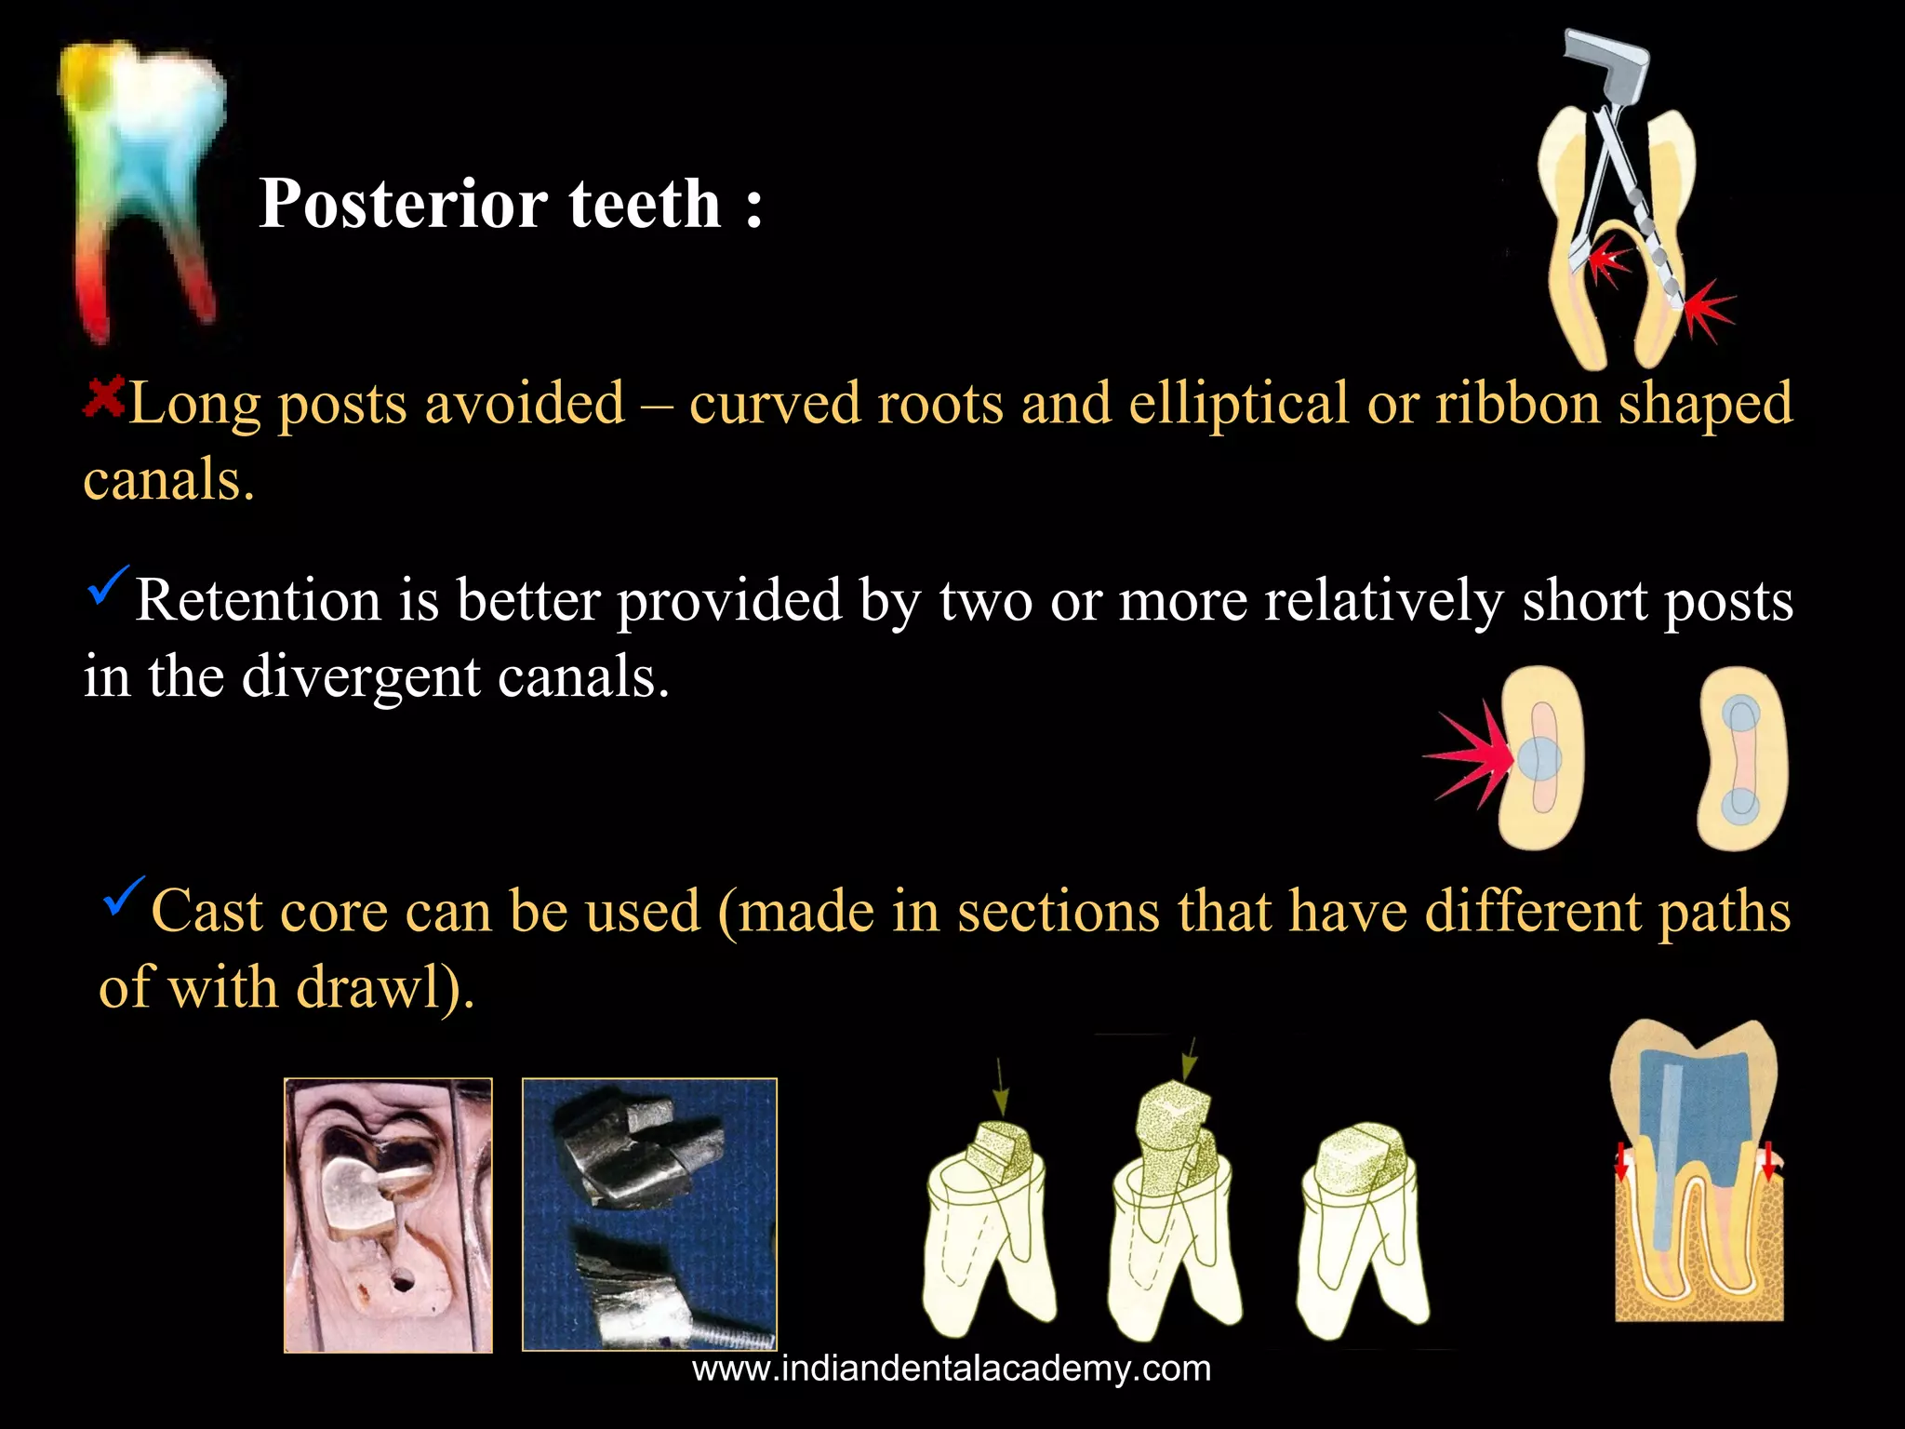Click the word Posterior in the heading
tap(402, 204)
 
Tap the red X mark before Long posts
tap(103, 398)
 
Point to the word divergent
tap(361, 676)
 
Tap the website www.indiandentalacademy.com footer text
tap(952, 1369)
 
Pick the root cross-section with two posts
tap(1741, 758)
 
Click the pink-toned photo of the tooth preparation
tap(388, 1214)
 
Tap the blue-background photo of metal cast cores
tap(649, 1214)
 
